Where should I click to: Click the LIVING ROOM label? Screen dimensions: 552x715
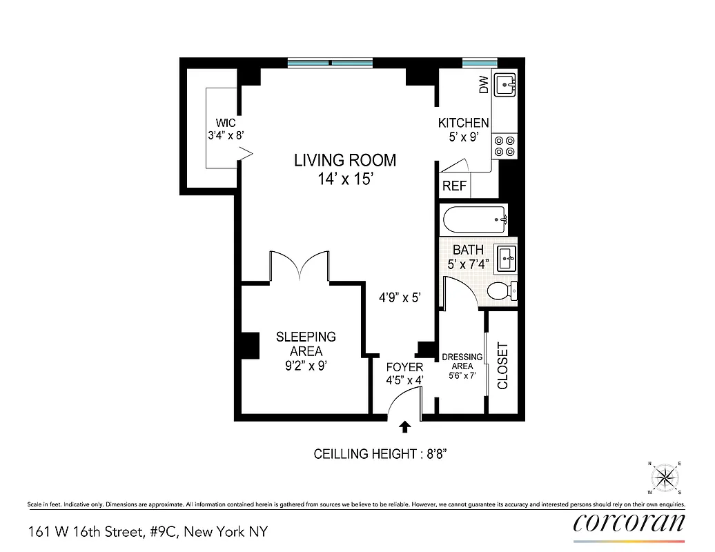(345, 161)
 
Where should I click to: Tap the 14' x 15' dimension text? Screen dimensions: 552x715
(345, 180)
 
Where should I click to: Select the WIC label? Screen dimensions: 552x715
(225, 124)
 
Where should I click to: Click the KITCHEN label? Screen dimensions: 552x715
(464, 123)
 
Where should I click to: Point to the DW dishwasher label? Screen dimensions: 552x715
(483, 86)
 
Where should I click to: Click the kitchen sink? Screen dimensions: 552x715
(507, 86)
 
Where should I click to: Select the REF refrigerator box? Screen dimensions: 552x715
(454, 186)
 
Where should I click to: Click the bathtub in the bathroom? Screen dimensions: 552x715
(475, 220)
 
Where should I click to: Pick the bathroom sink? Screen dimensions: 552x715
(507, 258)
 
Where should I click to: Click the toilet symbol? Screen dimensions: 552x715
(503, 292)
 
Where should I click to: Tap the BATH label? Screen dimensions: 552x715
(468, 250)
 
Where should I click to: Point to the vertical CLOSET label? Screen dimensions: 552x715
(502, 366)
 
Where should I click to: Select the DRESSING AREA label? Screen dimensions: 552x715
(462, 362)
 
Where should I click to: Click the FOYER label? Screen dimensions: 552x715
(404, 368)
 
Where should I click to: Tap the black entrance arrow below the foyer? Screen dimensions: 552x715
(405, 427)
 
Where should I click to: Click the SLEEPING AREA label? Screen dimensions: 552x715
(306, 344)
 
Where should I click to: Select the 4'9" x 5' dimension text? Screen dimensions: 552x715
(400, 298)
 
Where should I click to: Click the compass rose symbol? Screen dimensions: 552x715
(665, 477)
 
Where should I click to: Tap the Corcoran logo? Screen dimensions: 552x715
(629, 522)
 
